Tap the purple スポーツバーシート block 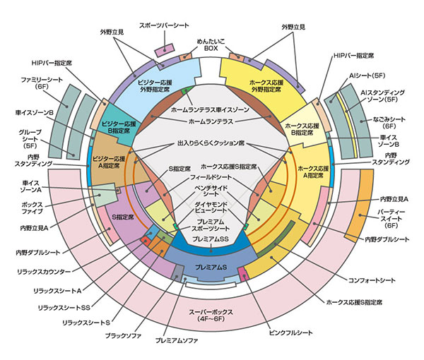(x=165, y=52)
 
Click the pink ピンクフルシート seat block (x=244, y=272)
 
